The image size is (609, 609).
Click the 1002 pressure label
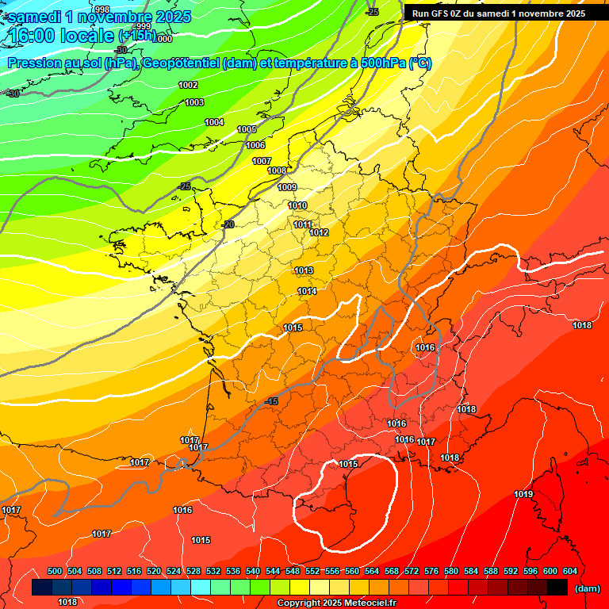coord(188,85)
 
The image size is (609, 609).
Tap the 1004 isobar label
coord(214,122)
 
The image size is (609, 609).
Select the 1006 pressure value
coord(255,145)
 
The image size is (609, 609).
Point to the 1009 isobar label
coord(287,187)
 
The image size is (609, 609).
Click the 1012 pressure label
coord(319,232)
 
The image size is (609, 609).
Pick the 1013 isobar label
coord(304,270)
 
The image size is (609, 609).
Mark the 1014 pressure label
coord(308,291)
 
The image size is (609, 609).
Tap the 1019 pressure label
coord(523,494)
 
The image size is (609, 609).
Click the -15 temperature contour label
coord(273,402)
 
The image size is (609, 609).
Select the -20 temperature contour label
coord(229,224)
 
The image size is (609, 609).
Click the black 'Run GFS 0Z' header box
coord(499,13)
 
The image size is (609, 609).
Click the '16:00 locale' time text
coord(60,36)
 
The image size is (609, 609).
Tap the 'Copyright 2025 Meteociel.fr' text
coord(336,603)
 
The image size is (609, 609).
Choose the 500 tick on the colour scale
coord(55,571)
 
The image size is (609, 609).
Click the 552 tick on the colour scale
coord(312,571)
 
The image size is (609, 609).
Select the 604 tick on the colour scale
coord(569,571)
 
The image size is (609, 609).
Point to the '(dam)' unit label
coord(588,588)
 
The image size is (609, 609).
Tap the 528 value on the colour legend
coord(193,571)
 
